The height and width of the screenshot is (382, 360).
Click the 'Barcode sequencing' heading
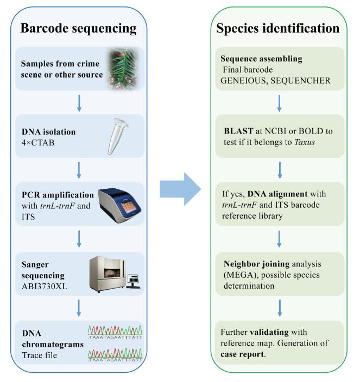pos(79,28)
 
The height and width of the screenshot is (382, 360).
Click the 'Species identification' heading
pos(277,28)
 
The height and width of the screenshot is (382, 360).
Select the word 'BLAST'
pos(237,131)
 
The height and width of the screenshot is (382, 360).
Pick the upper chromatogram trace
pos(116,331)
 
